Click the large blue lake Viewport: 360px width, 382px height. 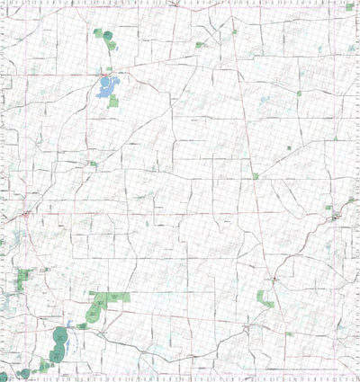(x=105, y=87)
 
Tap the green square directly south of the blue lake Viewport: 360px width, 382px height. (x=114, y=102)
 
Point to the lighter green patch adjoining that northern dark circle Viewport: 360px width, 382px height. (x=97, y=32)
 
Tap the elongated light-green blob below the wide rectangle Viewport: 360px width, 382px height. (x=94, y=312)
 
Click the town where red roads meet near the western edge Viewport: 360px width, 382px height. (x=26, y=215)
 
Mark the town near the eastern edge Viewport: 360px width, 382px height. (x=337, y=217)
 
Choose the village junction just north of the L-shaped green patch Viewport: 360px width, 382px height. (x=273, y=279)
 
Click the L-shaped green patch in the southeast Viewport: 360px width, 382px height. (x=264, y=298)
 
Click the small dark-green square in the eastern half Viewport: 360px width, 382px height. (x=289, y=147)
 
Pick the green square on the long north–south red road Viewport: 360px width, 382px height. (x=256, y=176)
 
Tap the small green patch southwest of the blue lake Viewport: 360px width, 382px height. (x=93, y=164)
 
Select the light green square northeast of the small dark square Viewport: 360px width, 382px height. (x=300, y=93)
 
